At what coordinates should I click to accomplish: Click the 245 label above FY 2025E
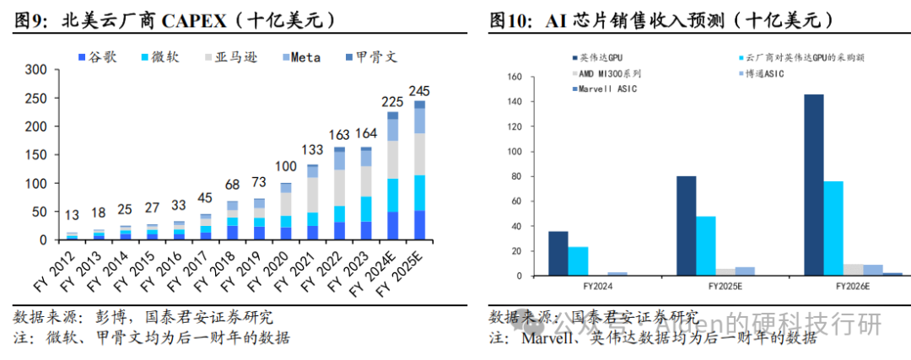(x=420, y=91)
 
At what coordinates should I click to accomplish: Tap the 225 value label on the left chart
(x=392, y=102)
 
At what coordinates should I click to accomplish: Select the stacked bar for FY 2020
(x=286, y=212)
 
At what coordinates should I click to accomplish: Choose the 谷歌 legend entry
(x=100, y=57)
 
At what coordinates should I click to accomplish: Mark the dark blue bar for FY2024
(x=558, y=254)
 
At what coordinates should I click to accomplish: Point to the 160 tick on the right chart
(x=514, y=77)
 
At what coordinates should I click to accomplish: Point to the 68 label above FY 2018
(x=233, y=185)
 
